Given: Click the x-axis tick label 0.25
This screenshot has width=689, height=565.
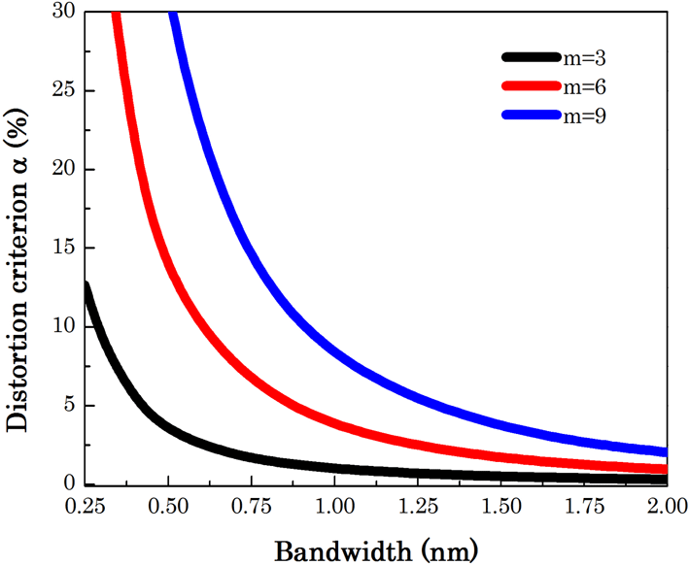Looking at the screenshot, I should (x=86, y=508).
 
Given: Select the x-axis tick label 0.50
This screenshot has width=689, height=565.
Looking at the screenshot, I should (x=169, y=508).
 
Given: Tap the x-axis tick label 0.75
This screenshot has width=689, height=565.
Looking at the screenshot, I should (x=252, y=508).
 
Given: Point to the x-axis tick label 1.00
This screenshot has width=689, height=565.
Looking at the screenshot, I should (x=334, y=508).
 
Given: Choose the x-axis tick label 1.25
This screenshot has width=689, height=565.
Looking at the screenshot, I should (x=418, y=508).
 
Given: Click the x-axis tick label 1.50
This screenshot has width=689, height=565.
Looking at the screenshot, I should (x=500, y=508).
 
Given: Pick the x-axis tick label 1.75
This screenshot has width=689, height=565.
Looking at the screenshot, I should (x=583, y=508).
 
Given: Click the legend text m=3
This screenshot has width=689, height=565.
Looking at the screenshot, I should (x=587, y=58).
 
